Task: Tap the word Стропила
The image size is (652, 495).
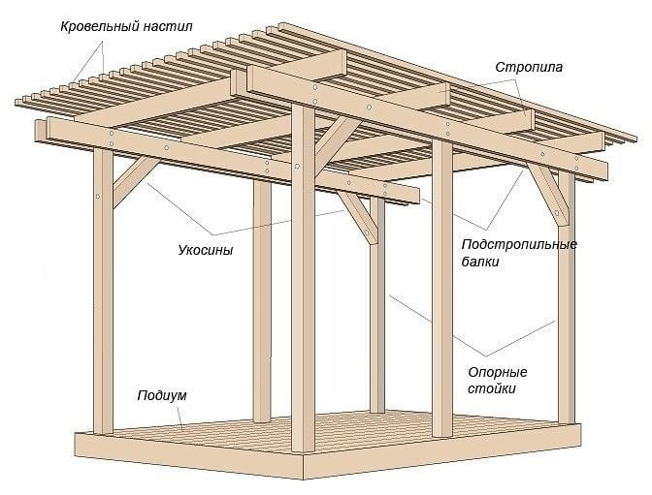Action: tap(529, 68)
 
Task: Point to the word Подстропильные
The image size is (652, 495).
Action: tap(519, 244)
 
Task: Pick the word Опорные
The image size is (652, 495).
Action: tap(497, 372)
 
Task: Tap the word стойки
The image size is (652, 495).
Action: tap(495, 389)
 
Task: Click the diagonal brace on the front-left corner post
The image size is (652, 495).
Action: tap(133, 183)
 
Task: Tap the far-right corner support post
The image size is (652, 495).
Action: tap(566, 300)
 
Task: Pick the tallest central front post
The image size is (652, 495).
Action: tap(303, 291)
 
